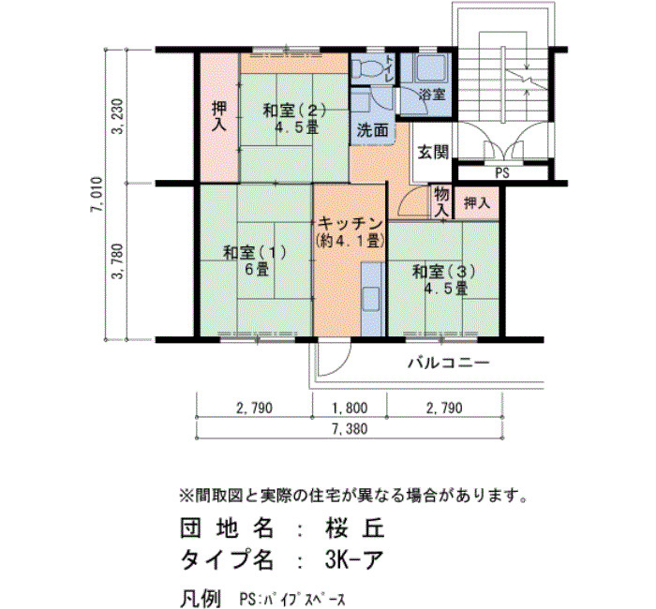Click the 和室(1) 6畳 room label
tap(255, 260)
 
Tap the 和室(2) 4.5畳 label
tap(294, 118)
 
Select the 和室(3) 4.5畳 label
tap(444, 280)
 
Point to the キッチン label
tap(350, 224)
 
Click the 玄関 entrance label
tap(433, 152)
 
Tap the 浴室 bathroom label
tap(433, 95)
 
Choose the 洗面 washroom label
tap(372, 130)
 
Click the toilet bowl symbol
tap(364, 67)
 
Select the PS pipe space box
tap(502, 172)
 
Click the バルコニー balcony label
tap(448, 363)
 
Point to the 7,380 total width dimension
tap(350, 429)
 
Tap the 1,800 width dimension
tap(350, 408)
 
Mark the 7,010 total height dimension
tap(97, 195)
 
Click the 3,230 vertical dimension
tap(117, 116)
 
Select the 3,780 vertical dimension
tap(117, 261)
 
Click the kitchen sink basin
tap(371, 298)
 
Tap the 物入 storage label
tap(441, 202)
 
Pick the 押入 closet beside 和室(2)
tap(218, 117)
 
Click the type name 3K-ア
tap(353, 558)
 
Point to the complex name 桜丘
tap(354, 527)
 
